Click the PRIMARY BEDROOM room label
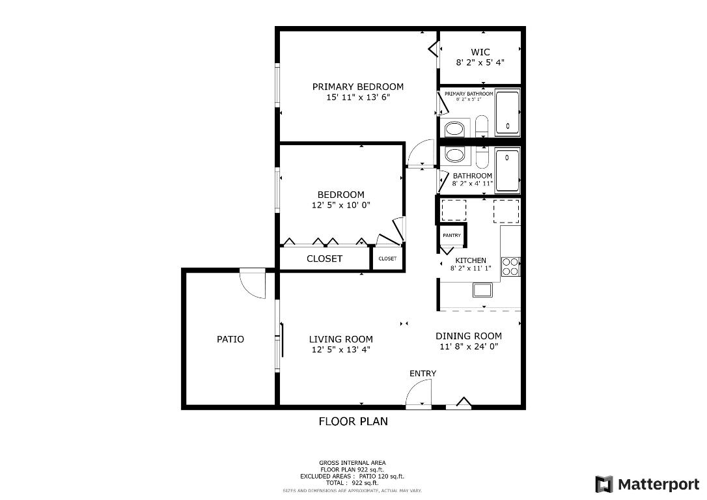(357, 87)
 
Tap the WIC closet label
(480, 52)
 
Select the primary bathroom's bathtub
(507, 113)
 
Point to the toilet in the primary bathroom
(481, 126)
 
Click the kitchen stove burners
(510, 266)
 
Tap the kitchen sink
(482, 290)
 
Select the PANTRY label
(451, 235)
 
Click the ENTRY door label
(423, 373)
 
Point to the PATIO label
(230, 339)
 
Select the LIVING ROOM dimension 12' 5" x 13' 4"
(340, 350)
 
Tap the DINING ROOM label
(468, 336)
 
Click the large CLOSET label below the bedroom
(324, 258)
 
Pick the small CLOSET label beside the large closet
(387, 258)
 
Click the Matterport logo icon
(604, 484)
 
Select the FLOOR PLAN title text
(353, 421)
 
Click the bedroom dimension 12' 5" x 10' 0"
(340, 205)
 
